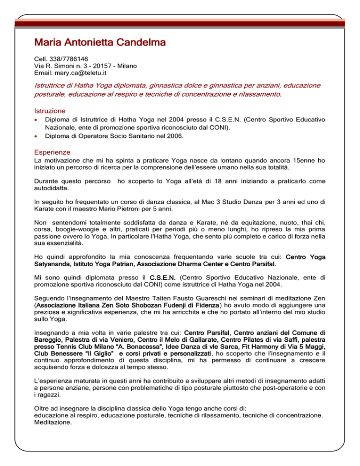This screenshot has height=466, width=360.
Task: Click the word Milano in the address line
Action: point(127,66)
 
